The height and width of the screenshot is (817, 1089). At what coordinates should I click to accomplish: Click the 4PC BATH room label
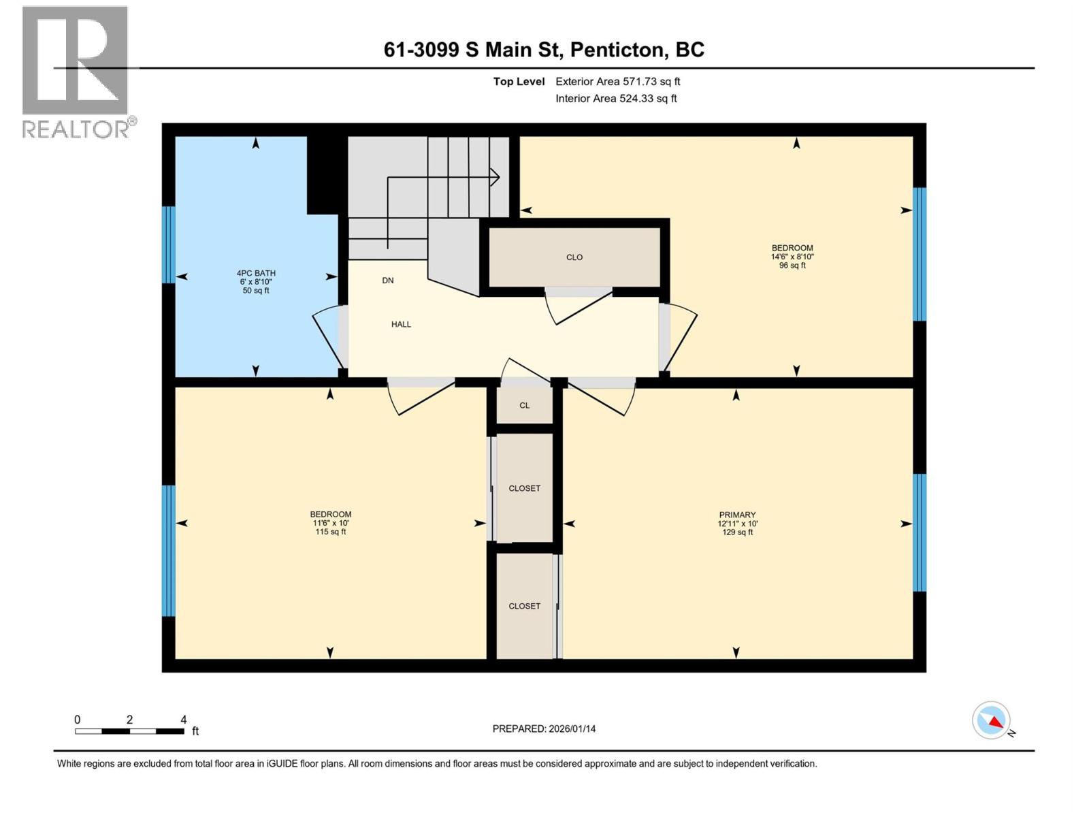(x=256, y=273)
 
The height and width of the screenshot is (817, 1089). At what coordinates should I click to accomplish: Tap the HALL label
(x=401, y=325)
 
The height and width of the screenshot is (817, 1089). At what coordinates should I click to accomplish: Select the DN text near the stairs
(x=387, y=281)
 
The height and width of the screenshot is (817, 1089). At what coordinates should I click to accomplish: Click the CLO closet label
(x=574, y=257)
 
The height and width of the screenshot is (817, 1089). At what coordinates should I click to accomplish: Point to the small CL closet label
(x=524, y=406)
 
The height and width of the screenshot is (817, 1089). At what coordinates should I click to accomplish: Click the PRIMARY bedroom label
(x=737, y=515)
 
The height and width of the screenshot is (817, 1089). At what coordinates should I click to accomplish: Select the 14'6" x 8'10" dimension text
(x=792, y=257)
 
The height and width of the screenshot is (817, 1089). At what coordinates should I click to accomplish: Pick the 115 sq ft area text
(x=331, y=532)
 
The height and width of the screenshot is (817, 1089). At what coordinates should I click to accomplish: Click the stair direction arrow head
(x=496, y=178)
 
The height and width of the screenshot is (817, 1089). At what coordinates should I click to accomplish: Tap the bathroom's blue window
(x=169, y=244)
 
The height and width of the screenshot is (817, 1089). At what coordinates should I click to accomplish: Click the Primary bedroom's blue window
(x=919, y=532)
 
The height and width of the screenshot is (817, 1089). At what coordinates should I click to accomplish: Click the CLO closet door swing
(x=579, y=307)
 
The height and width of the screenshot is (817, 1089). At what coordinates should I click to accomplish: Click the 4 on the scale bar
(x=183, y=720)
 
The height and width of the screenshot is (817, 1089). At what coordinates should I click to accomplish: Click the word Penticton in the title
(x=617, y=50)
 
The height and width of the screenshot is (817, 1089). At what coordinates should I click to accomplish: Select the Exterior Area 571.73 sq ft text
(x=617, y=82)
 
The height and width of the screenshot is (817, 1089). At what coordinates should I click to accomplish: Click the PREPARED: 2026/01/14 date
(x=544, y=728)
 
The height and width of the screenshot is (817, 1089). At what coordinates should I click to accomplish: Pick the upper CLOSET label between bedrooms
(x=524, y=489)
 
